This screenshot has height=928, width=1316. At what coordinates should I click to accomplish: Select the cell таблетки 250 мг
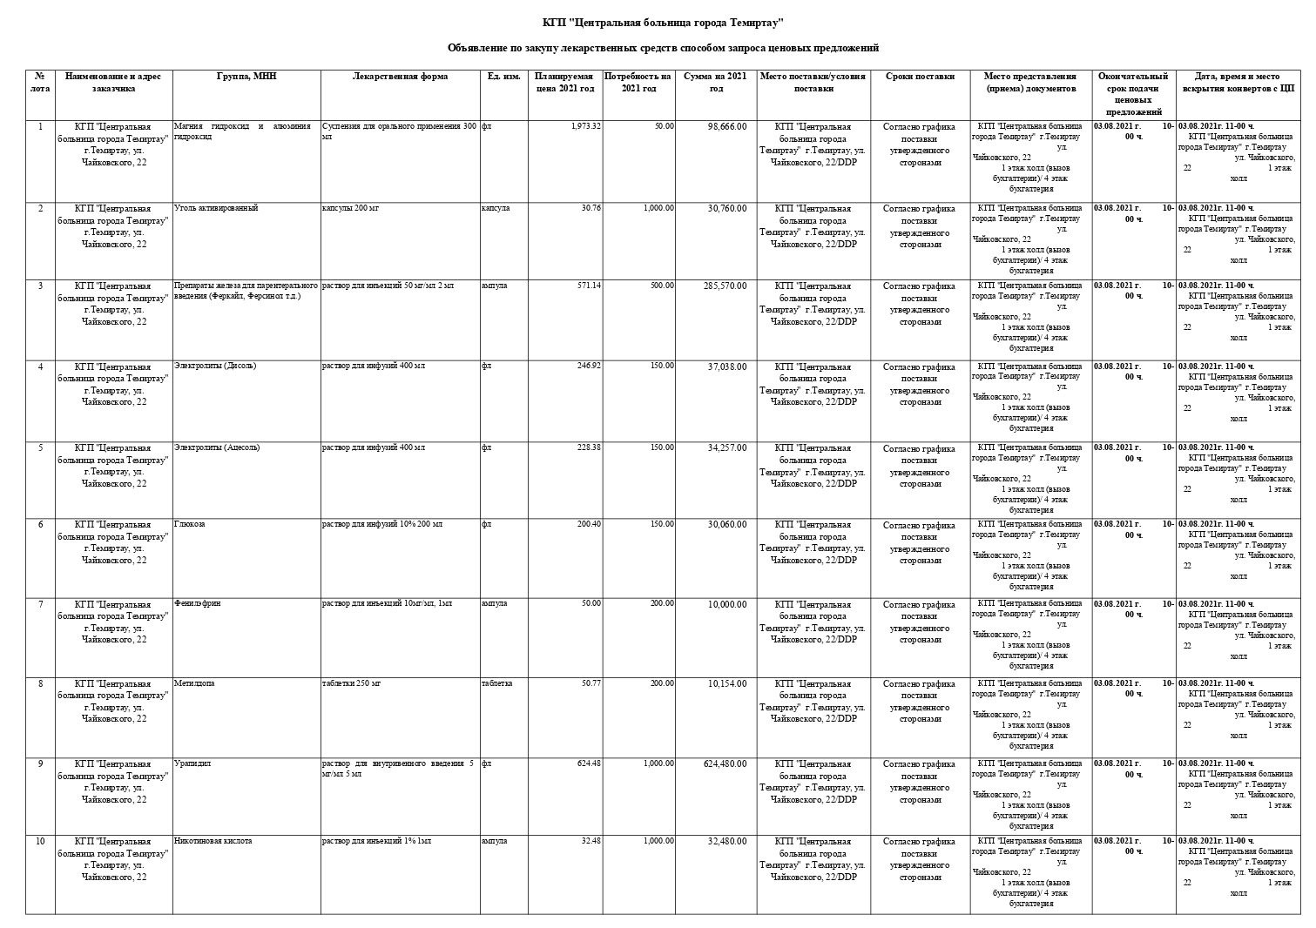[351, 683]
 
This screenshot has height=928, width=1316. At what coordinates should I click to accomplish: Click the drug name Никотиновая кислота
[213, 841]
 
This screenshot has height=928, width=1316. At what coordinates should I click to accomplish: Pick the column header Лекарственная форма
[400, 77]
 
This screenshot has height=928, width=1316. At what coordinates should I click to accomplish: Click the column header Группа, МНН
[246, 77]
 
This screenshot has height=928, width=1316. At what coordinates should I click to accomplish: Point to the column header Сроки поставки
[920, 77]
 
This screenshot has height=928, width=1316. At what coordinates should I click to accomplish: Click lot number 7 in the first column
[40, 603]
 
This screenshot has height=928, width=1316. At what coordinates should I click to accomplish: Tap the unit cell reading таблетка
[496, 683]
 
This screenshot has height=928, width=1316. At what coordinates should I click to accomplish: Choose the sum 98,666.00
[726, 126]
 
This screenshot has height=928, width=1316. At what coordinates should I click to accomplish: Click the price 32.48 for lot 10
[589, 841]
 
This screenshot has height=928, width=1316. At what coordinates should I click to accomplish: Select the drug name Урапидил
[192, 763]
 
